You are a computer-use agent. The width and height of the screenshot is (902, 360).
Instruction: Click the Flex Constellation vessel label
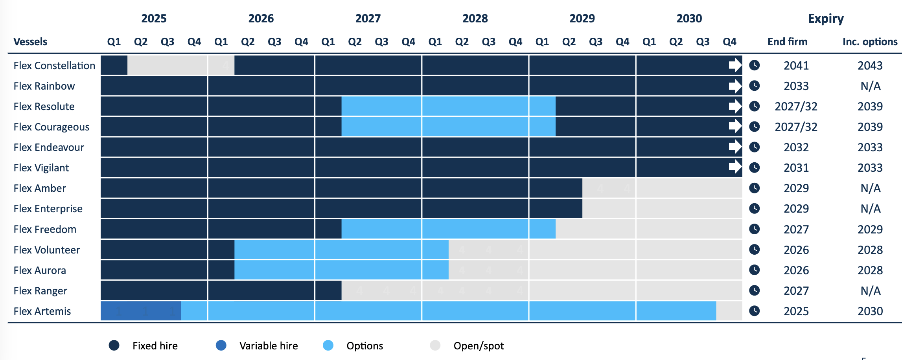(54, 66)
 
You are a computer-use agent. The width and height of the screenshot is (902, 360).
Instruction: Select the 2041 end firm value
(796, 66)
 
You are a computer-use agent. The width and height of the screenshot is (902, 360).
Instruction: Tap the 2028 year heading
(475, 18)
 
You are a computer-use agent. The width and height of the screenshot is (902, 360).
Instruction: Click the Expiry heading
(825, 18)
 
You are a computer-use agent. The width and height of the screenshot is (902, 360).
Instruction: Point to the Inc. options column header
(870, 42)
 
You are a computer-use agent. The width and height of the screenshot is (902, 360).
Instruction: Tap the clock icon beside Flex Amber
(754, 188)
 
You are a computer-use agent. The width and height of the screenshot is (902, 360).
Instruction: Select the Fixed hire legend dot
(114, 345)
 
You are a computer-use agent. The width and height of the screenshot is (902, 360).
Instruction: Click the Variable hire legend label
(269, 346)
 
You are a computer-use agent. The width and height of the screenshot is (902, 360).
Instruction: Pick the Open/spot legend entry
(478, 346)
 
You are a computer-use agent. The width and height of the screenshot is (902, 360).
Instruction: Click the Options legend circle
(328, 345)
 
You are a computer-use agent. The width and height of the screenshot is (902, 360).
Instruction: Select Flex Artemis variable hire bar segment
(140, 311)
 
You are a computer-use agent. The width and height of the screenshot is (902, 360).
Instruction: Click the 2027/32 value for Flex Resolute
(796, 107)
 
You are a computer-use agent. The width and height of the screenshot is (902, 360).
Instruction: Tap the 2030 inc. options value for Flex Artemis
(870, 311)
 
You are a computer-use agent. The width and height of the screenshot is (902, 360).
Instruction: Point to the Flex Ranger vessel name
(40, 291)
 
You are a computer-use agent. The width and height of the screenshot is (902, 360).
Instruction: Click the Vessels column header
(30, 42)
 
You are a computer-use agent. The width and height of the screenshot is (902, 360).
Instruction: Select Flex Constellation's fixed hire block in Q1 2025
(114, 65)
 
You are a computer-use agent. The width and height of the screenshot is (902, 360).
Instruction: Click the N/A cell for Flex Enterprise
(870, 209)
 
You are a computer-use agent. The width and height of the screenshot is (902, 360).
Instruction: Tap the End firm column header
(787, 42)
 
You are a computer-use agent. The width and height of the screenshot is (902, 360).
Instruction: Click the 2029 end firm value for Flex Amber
(796, 188)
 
